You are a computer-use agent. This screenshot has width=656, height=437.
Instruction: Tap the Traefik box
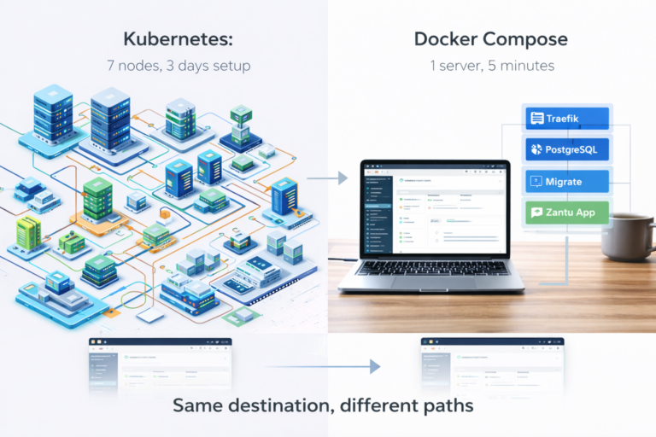tap(566, 119)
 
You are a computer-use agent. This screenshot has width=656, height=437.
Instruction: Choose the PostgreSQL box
tap(566, 150)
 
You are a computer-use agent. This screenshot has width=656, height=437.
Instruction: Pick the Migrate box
tap(566, 181)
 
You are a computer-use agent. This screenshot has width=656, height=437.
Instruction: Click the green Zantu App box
tap(566, 213)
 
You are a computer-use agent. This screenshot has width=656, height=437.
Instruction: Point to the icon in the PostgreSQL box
tap(536, 150)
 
